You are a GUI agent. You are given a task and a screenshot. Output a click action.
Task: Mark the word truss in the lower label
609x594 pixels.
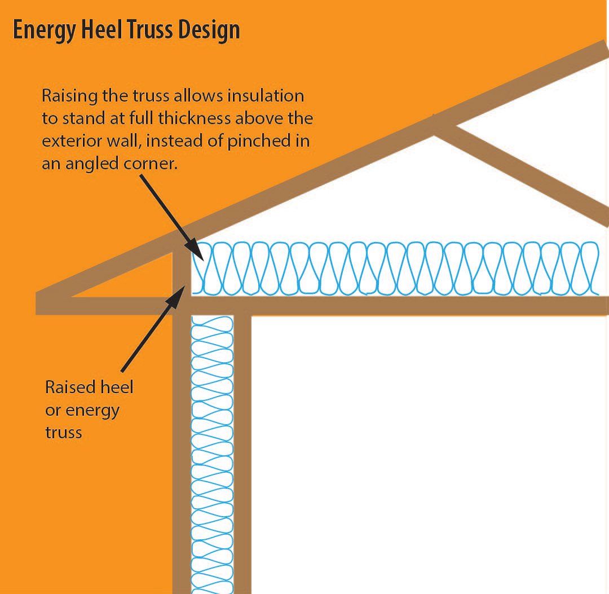[64, 433]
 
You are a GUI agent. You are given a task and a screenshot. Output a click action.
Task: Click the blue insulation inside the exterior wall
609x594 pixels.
[213, 451]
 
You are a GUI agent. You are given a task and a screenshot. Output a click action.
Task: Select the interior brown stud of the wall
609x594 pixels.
[242, 451]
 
